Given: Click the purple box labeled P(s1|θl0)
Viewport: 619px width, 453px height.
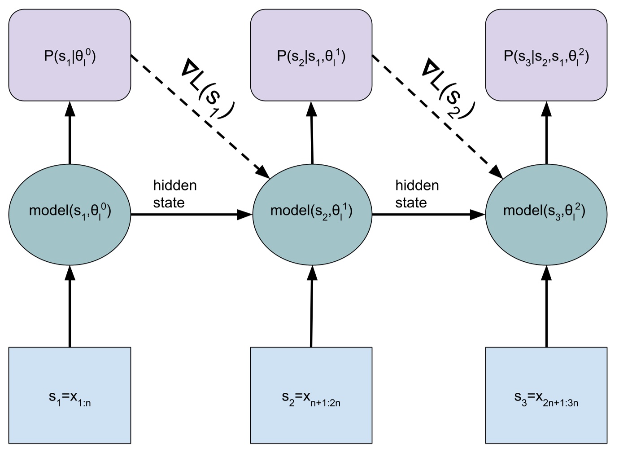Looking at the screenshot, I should (x=70, y=55).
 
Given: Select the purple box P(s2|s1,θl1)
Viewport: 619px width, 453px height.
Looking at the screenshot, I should (x=311, y=55).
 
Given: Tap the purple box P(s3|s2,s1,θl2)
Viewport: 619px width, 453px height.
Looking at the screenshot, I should (x=546, y=55).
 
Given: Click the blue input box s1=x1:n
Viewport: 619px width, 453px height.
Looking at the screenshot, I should (x=70, y=395).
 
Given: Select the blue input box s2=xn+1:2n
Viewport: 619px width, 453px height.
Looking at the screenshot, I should (x=311, y=395).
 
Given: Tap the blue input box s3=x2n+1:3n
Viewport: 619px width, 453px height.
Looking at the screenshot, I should (x=546, y=395).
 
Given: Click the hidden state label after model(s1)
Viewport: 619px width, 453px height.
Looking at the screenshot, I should (x=174, y=194).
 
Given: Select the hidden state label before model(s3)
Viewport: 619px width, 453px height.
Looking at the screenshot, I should (x=417, y=194).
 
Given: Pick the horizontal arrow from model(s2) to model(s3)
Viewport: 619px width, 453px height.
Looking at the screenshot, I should (x=428, y=215).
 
